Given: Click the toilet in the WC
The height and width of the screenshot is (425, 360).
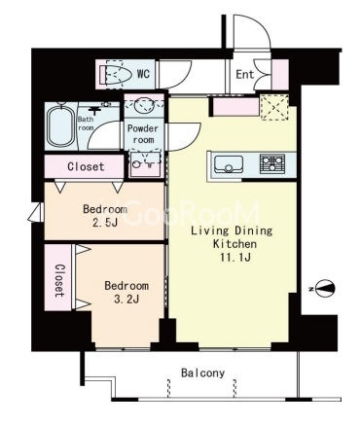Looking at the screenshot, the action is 115,75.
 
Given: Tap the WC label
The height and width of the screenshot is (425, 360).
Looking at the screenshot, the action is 143,74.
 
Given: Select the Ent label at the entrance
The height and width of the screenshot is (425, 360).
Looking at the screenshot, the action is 245,75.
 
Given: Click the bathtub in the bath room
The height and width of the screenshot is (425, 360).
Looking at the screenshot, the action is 59,126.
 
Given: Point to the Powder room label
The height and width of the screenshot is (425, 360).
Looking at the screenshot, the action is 143,134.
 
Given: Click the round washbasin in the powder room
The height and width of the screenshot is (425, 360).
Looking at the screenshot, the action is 144,106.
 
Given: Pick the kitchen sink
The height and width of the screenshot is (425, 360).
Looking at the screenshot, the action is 228,164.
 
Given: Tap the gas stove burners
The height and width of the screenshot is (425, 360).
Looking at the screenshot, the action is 272,163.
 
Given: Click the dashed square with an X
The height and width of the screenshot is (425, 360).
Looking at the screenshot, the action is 274,107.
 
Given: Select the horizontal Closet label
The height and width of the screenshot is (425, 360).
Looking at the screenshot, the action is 86,166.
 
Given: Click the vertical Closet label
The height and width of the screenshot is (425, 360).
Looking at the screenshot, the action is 58,281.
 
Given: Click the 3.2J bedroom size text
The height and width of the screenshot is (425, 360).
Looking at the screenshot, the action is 126,300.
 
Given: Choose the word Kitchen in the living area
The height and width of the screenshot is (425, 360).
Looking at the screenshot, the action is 234,244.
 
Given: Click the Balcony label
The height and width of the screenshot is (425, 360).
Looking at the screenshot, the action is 202,373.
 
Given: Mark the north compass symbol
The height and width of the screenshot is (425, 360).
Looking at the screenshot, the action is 324,288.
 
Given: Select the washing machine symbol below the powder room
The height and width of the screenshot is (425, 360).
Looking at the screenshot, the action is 145,164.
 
